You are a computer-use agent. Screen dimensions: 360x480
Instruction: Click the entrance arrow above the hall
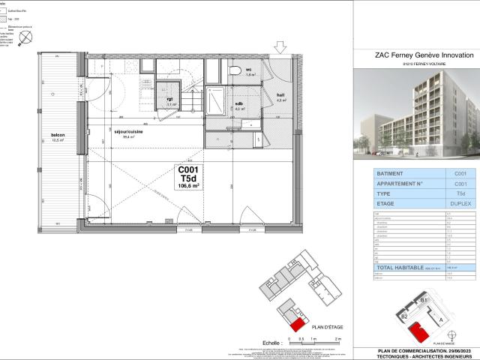280,49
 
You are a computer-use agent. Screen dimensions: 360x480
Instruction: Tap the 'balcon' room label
58,136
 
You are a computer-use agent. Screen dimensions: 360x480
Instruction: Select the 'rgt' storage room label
171,99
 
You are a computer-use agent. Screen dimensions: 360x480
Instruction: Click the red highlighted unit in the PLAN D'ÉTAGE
298,324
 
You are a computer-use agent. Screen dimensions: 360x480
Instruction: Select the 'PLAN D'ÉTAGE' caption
327,328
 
